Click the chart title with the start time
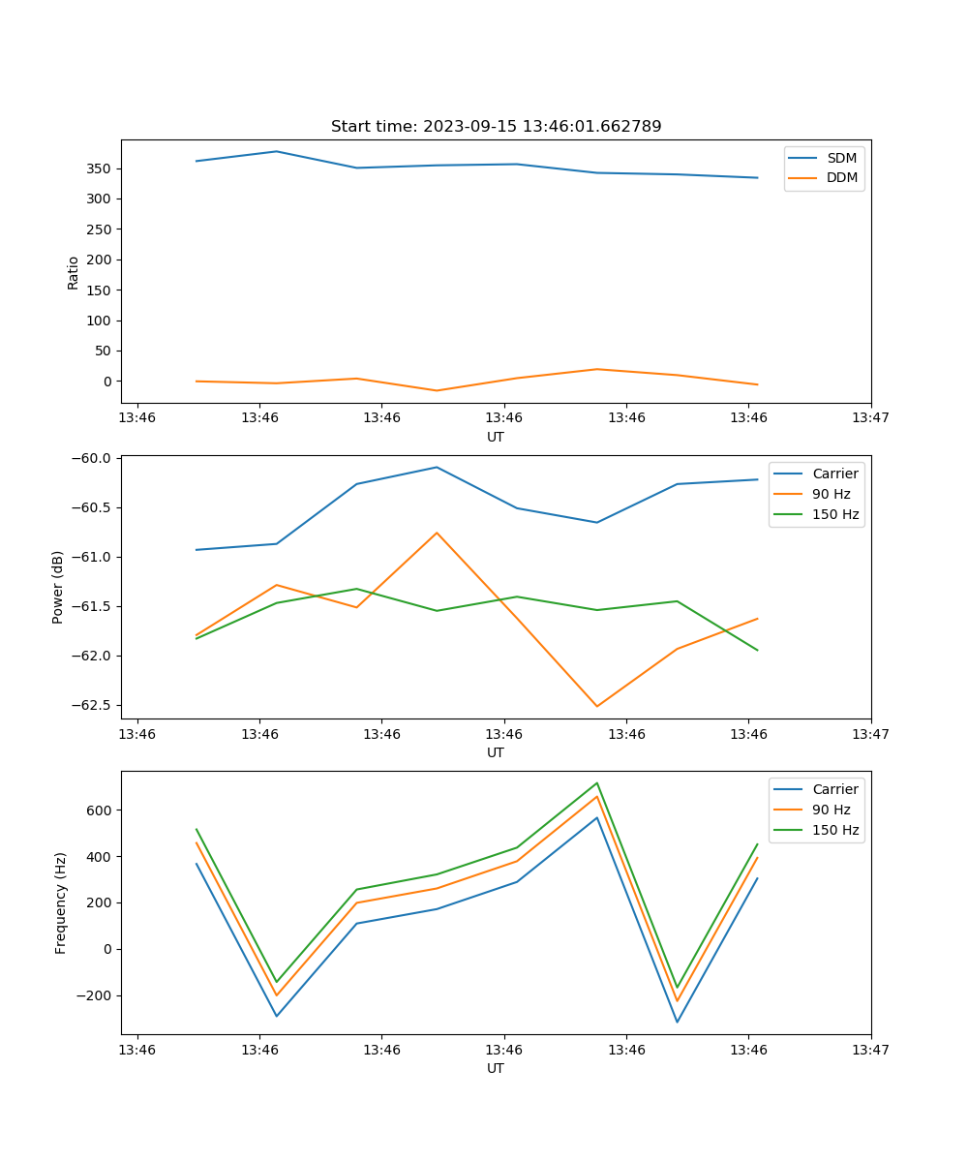click(496, 127)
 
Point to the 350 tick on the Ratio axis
click(103, 168)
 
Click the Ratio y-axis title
click(74, 272)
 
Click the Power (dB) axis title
click(58, 587)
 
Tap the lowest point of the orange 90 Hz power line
click(596, 706)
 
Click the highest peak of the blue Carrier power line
click(437, 467)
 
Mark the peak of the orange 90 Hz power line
click(437, 533)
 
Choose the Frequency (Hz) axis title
click(61, 902)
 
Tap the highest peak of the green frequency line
click(597, 782)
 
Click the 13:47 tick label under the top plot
click(870, 418)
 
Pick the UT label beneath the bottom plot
click(496, 1068)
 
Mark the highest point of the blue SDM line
click(277, 151)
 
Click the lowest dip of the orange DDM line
click(437, 390)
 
